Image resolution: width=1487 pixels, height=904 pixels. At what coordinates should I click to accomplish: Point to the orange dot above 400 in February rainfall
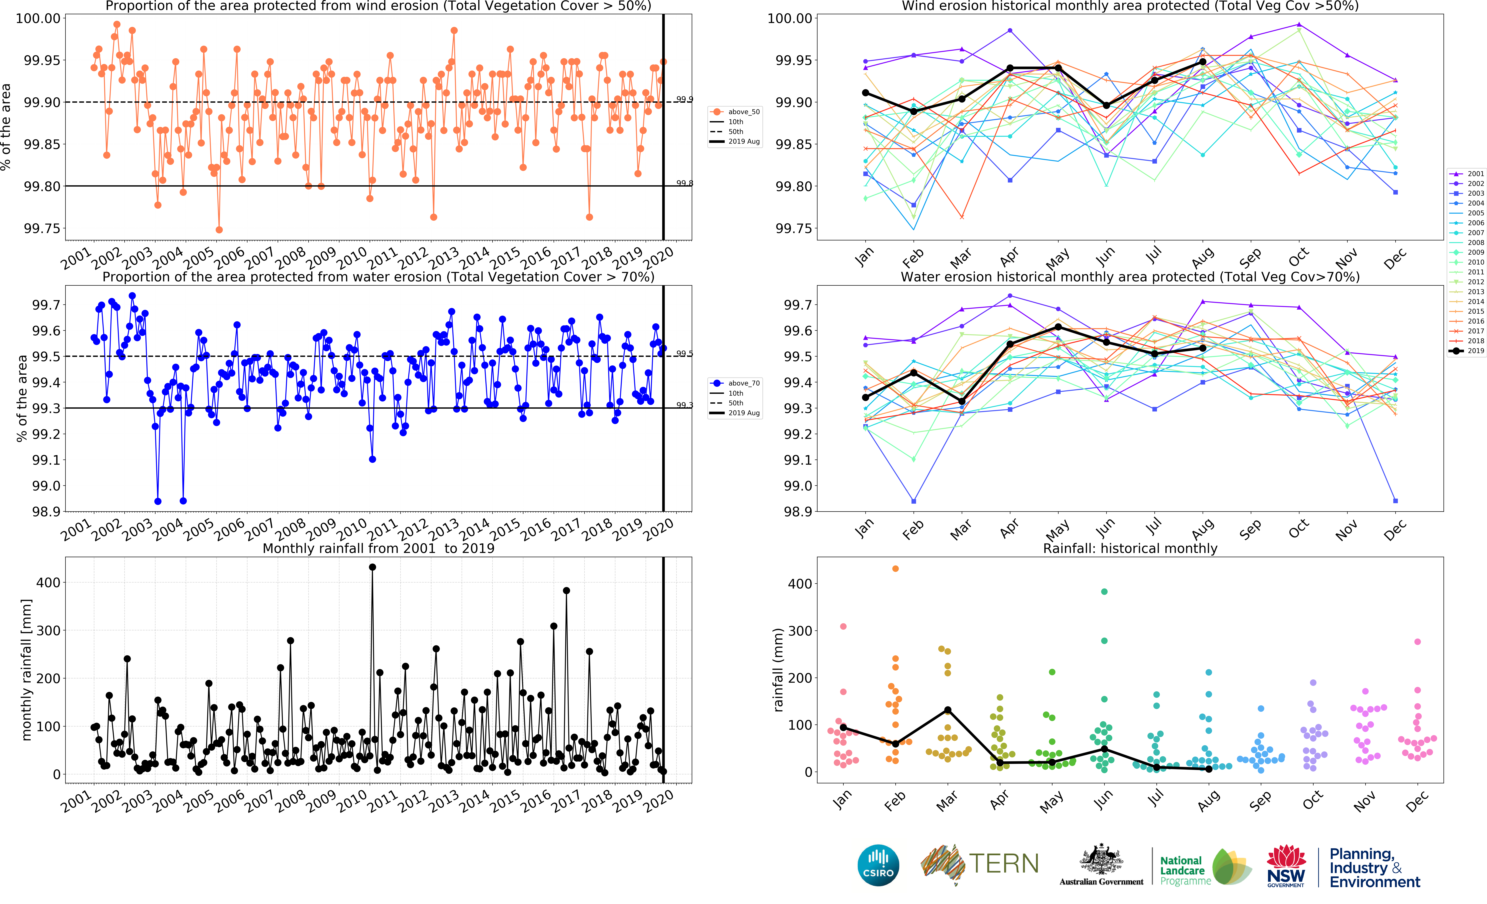pyautogui.click(x=896, y=569)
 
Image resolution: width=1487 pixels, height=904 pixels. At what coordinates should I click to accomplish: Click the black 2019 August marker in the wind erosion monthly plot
pyautogui.click(x=1203, y=62)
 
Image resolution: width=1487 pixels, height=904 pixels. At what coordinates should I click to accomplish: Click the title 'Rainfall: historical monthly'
pyautogui.click(x=1130, y=548)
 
